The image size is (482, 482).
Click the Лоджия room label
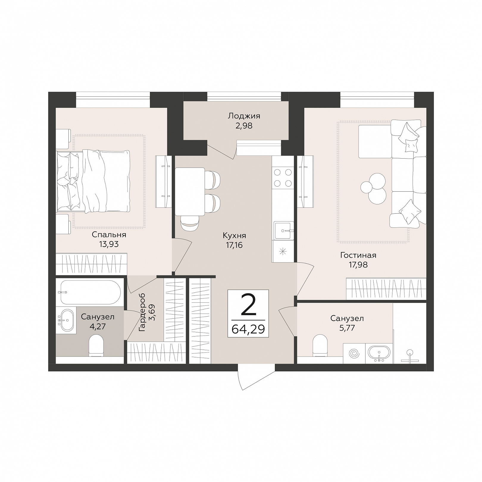[x=244, y=116]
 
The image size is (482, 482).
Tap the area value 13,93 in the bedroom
[x=109, y=244]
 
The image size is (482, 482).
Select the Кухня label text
[x=234, y=236]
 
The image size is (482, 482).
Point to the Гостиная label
[x=358, y=255]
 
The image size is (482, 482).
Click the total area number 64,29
[x=248, y=329]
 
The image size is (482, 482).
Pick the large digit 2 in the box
[x=248, y=305]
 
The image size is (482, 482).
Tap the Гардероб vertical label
[x=142, y=312]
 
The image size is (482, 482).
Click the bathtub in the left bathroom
[x=90, y=292]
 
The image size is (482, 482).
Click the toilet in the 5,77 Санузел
[x=320, y=345]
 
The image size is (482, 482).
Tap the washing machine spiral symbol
[x=354, y=354]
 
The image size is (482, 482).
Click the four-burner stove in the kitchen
[x=283, y=178]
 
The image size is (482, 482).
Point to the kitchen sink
[x=284, y=230]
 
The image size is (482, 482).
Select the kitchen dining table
[x=190, y=191]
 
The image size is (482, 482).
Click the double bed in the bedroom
[x=93, y=181]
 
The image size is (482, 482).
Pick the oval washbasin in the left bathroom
[x=67, y=320]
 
